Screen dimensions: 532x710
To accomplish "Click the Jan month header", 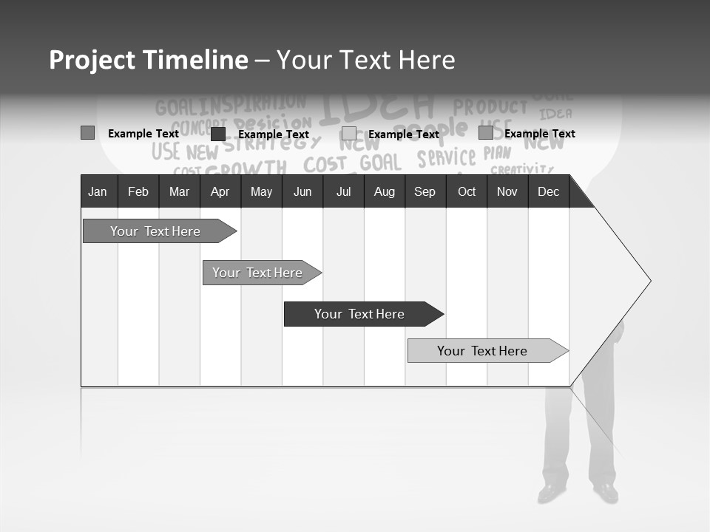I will tap(98, 192).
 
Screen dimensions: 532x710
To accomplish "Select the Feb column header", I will tap(138, 192).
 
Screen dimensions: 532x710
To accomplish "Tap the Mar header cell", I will tap(179, 192).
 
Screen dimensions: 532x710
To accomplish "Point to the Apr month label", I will tap(220, 192).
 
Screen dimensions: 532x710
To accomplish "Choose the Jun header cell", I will tap(302, 192).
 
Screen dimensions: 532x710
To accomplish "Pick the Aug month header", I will tap(385, 192).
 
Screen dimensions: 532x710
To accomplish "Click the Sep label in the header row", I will tap(425, 192).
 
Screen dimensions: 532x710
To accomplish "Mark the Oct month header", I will tap(467, 192).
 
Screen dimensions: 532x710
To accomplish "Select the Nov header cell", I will tap(507, 192).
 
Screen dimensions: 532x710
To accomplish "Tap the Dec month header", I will tap(548, 192).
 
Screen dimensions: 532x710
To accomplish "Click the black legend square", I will tap(218, 134).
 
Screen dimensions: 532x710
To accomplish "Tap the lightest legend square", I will tap(349, 134).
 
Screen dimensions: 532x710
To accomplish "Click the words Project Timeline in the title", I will tap(149, 60).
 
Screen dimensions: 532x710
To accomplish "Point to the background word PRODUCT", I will tap(490, 108).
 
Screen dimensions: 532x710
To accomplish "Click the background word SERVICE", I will tap(446, 158).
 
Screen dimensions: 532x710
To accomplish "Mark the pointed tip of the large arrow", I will tap(649, 281).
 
